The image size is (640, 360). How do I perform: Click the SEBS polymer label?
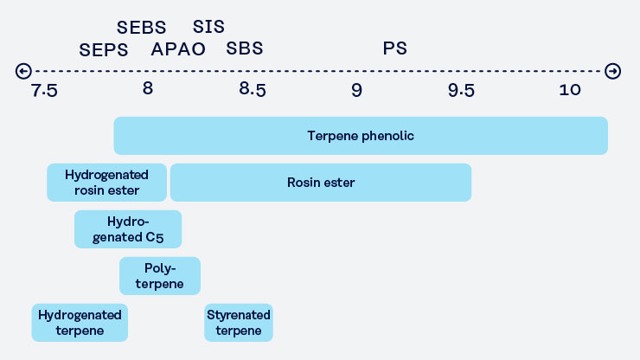141,28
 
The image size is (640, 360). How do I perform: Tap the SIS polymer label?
208,27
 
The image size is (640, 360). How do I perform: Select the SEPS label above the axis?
104,50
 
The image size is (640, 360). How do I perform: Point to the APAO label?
178,49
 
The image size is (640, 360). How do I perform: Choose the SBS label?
245,48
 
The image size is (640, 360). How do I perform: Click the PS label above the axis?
394,48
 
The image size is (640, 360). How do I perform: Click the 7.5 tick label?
44,90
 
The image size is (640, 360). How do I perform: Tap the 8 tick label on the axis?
148,88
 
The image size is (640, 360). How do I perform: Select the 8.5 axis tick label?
253,89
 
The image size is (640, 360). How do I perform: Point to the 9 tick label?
356,90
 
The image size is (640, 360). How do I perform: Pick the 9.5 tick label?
461,90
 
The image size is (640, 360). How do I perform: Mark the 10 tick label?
570,90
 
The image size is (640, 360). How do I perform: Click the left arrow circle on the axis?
23,71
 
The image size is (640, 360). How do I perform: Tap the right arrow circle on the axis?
612,71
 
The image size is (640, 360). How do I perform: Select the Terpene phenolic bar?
361,136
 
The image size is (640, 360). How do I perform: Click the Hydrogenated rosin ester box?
107,183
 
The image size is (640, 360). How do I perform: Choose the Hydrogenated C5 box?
128,229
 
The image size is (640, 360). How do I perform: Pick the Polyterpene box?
160,276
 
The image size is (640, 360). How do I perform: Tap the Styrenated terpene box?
239,323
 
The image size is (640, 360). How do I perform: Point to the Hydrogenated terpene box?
80,323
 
